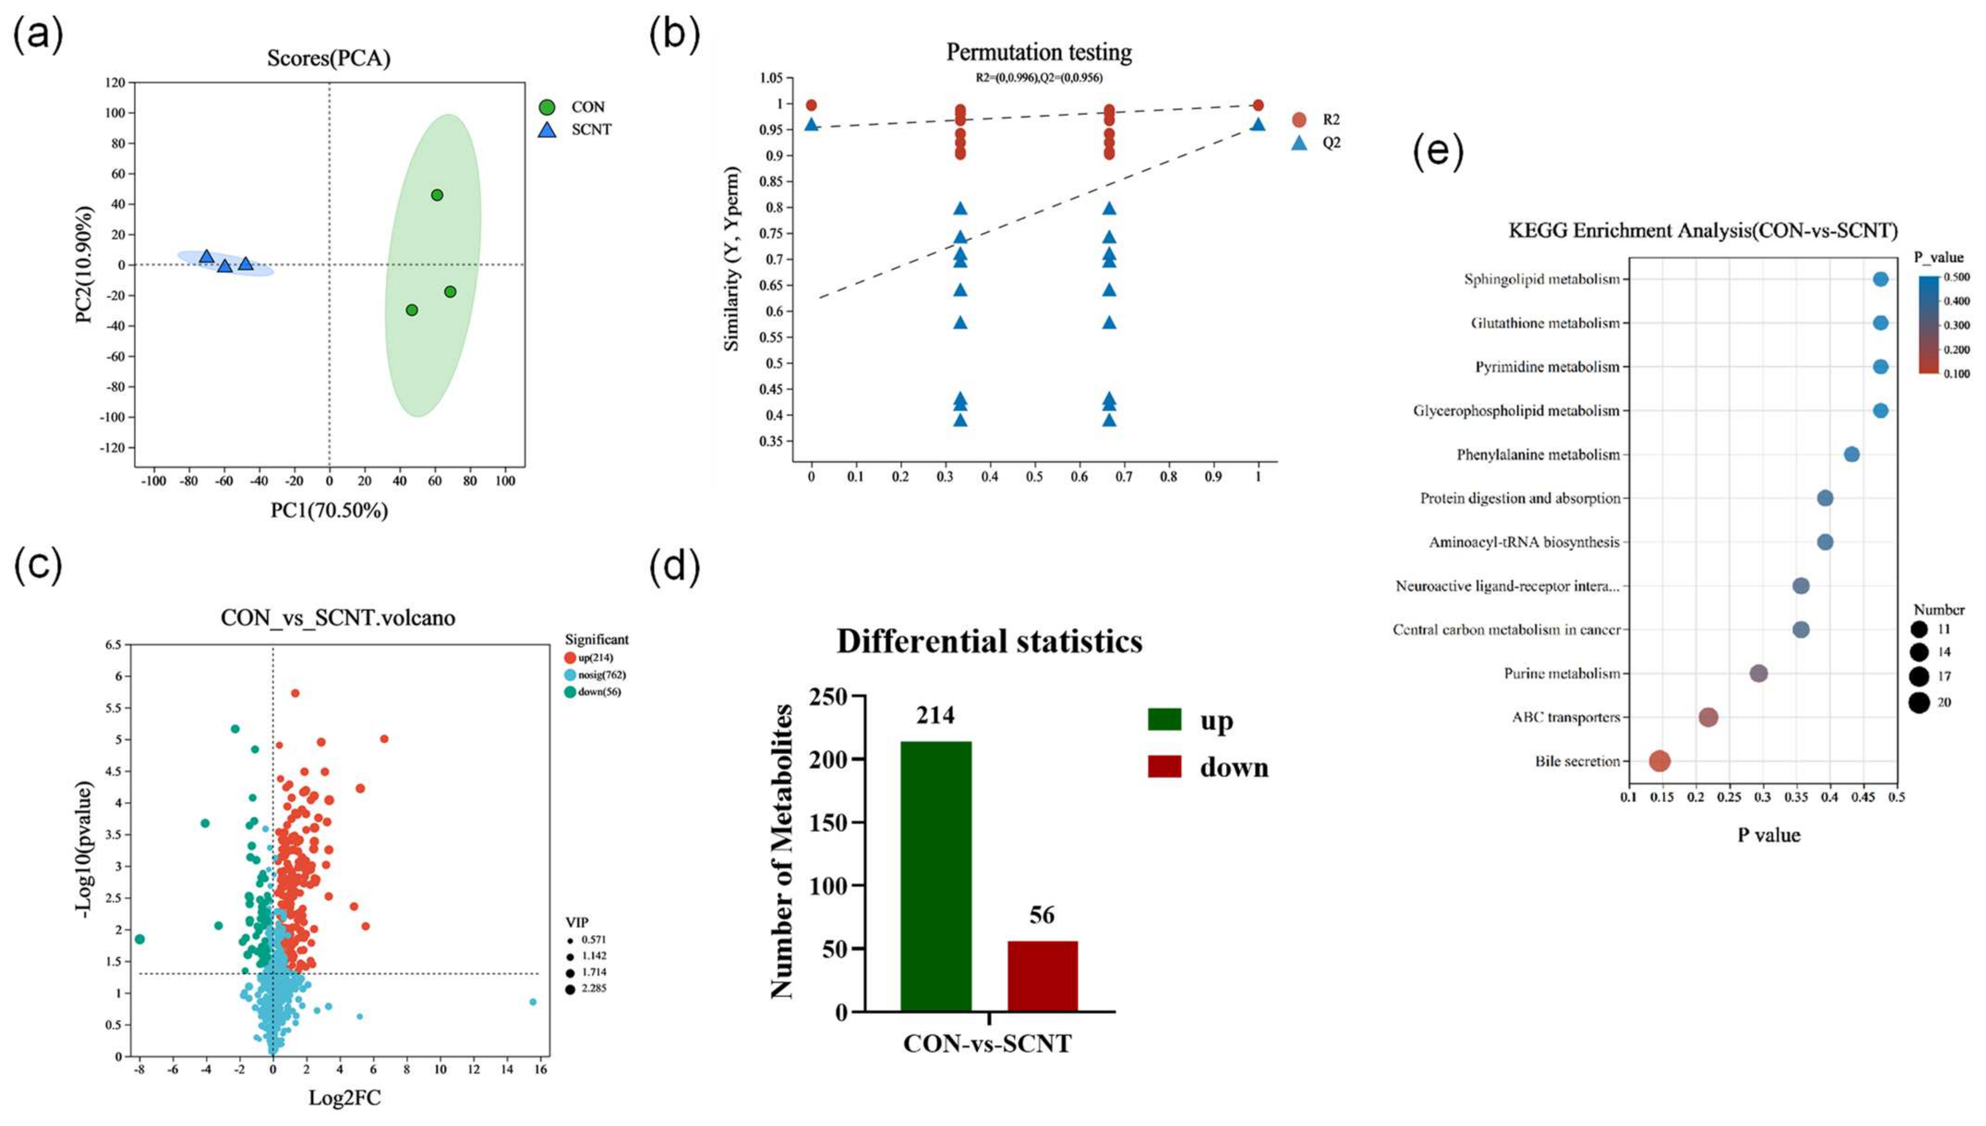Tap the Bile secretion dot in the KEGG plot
point(1659,761)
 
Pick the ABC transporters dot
point(1709,717)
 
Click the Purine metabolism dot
point(1758,674)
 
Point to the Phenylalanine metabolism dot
point(1851,454)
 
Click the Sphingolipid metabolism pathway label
point(1541,279)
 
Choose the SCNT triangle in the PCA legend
point(548,130)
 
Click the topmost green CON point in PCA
point(437,195)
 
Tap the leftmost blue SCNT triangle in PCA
point(206,256)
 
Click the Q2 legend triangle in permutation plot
point(1299,143)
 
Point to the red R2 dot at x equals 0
point(811,105)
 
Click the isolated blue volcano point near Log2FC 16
point(533,1002)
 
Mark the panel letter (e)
point(1438,152)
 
